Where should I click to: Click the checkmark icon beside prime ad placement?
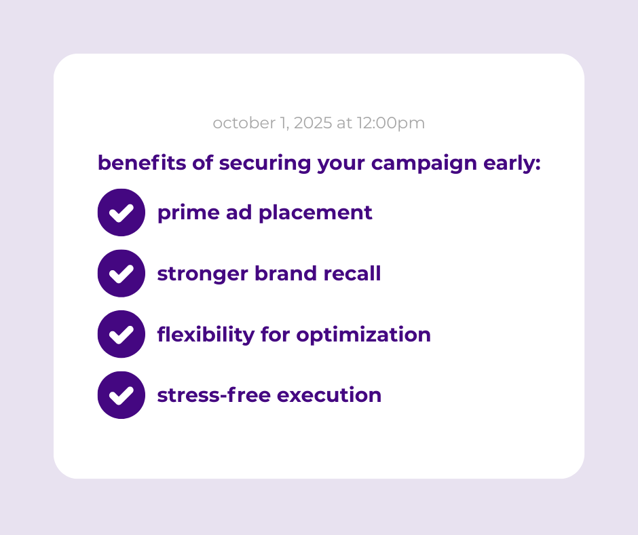tap(121, 212)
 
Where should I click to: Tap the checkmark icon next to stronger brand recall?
tap(121, 273)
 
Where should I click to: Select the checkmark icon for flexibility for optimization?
tap(121, 334)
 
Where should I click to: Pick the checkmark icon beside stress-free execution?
tap(121, 395)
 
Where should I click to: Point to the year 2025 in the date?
tap(313, 123)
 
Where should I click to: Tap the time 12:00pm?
tap(391, 124)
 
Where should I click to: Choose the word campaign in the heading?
tap(424, 164)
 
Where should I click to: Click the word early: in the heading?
tap(512, 164)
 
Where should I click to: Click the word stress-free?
tap(214, 395)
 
